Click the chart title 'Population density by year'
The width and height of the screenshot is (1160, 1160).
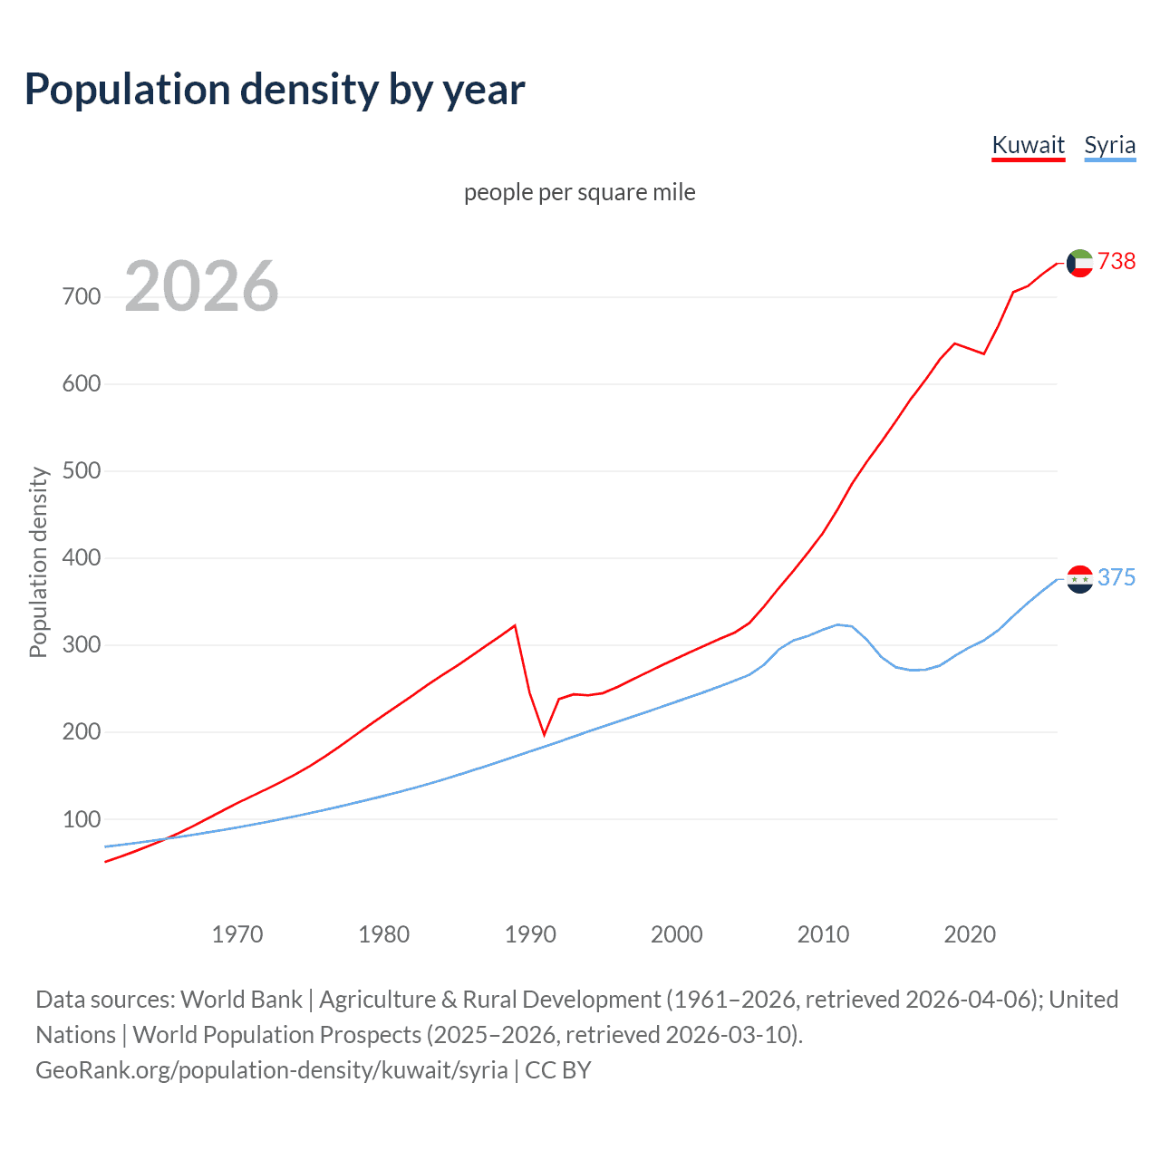pos(275,90)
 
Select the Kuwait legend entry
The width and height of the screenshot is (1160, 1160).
pos(1028,145)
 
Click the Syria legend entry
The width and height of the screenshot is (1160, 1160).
pos(1109,145)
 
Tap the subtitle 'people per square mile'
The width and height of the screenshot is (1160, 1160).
pos(579,192)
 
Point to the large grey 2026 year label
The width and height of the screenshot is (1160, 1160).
pos(201,286)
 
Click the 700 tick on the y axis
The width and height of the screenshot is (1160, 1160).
pos(81,296)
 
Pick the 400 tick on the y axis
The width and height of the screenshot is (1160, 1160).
pos(81,557)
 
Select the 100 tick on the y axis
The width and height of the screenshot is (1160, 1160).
pos(81,819)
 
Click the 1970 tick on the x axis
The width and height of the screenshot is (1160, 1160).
pos(237,933)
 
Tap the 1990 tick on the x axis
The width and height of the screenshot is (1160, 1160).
pos(530,933)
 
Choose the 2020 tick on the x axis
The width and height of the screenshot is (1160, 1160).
pos(970,933)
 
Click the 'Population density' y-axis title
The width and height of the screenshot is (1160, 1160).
pos(38,562)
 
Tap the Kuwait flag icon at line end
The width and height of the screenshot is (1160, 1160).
pos(1079,263)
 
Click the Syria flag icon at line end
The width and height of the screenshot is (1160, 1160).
pos(1079,578)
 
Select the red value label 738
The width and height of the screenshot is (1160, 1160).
pos(1116,261)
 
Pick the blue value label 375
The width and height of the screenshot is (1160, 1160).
pos(1116,577)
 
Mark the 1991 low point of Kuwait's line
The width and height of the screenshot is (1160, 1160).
pos(545,735)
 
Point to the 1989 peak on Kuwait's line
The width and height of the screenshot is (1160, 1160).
pos(515,625)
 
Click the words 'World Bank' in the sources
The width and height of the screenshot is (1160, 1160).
pos(241,999)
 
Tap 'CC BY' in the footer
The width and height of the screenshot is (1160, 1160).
pos(558,1069)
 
